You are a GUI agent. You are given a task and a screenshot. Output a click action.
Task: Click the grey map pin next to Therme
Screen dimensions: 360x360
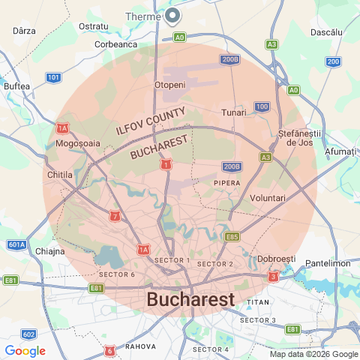pos(172,15)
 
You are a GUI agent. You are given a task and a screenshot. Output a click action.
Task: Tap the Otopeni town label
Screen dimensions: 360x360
pos(169,85)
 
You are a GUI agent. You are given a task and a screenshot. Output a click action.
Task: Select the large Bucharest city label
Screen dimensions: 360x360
pos(190,299)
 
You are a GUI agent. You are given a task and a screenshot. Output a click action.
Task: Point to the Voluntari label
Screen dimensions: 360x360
pos(268,197)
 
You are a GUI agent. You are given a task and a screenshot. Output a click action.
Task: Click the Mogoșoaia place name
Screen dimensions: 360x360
pos(77,142)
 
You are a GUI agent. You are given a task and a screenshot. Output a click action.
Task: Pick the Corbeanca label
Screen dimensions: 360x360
pos(116,44)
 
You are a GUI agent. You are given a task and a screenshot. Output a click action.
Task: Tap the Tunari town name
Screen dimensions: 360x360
pos(234,112)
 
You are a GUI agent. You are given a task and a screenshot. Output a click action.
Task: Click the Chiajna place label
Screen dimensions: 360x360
pos(50,251)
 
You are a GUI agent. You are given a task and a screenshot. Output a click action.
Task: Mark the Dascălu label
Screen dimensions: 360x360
pos(326,34)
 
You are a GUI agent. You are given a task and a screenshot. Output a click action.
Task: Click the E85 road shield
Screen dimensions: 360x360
pos(232,237)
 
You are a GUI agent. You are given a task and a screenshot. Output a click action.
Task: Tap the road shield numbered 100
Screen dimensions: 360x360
pos(262,106)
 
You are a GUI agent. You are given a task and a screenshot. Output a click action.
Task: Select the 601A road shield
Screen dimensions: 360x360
pos(16,244)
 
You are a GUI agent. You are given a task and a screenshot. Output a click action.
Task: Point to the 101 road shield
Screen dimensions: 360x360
pos(53,77)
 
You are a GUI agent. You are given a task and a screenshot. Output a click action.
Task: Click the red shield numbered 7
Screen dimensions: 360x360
pos(114,217)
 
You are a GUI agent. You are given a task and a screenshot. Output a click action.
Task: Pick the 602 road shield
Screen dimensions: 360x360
pos(28,334)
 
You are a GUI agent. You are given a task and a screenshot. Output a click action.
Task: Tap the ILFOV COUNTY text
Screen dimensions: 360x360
pos(149,121)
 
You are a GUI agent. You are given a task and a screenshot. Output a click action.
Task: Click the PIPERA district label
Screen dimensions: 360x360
pos(226,182)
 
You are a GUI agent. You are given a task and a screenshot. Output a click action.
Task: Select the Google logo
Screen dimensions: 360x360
pos(25,351)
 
